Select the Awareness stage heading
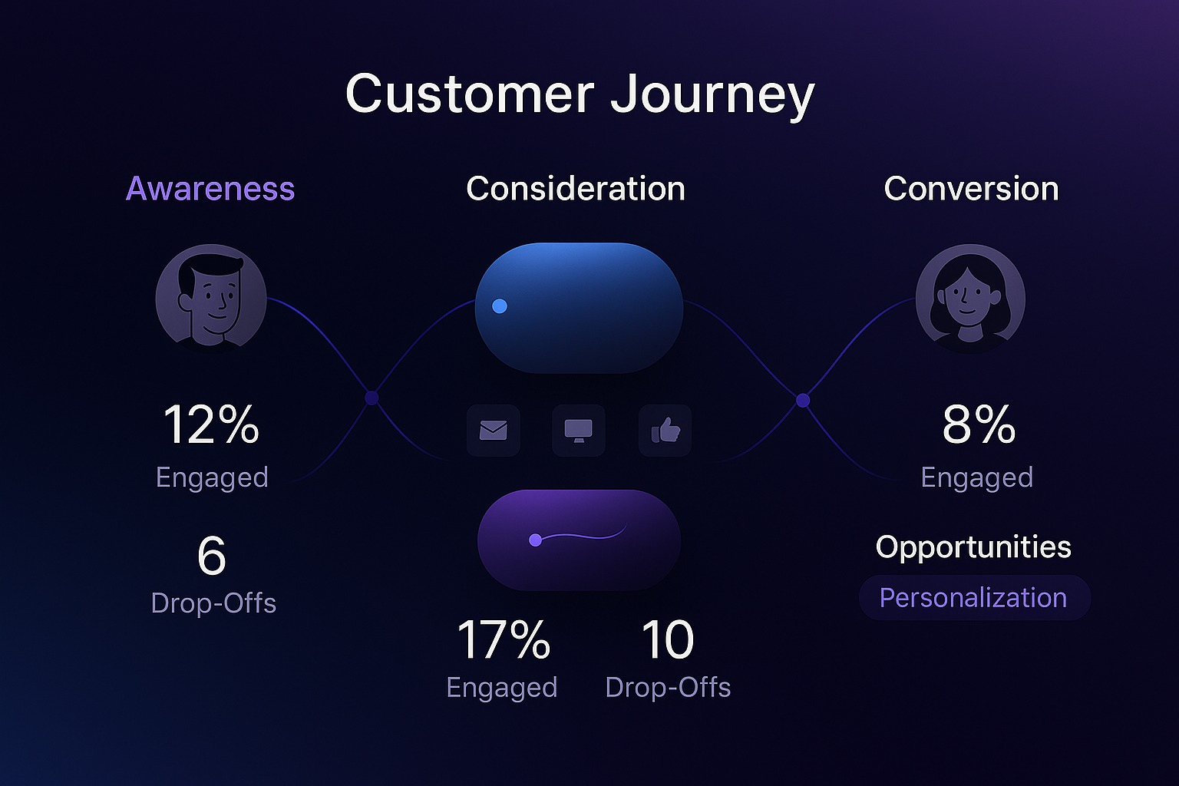click(x=210, y=189)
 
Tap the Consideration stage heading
click(x=576, y=189)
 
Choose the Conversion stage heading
click(x=971, y=189)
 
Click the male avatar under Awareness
click(x=210, y=298)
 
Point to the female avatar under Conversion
click(x=970, y=299)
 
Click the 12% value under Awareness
click(x=211, y=424)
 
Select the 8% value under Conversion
click(x=979, y=424)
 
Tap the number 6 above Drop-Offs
click(x=212, y=556)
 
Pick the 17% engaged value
click(x=504, y=639)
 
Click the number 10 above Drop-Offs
click(x=668, y=639)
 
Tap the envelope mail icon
click(x=494, y=430)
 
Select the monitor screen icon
click(x=579, y=430)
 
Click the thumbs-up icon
click(x=665, y=430)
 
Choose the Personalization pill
click(x=974, y=597)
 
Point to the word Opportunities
click(x=973, y=547)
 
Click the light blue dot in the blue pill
click(x=500, y=305)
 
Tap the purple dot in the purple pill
click(x=535, y=540)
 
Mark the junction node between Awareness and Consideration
click(x=372, y=398)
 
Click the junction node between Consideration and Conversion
click(x=803, y=401)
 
